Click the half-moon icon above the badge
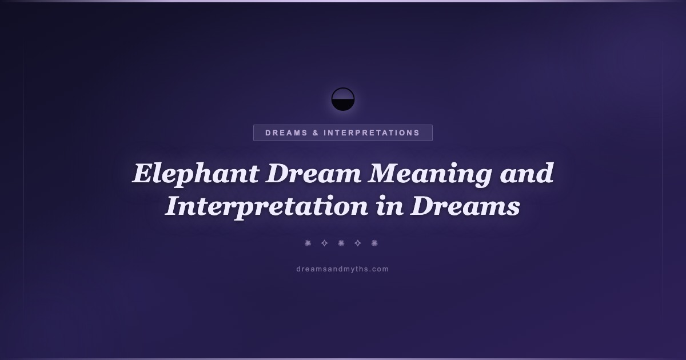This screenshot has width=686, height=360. tap(343, 99)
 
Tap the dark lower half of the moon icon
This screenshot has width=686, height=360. tap(343, 105)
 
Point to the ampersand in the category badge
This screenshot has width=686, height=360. tap(316, 133)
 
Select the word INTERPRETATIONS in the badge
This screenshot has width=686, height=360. tap(372, 133)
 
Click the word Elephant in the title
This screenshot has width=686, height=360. tap(196, 174)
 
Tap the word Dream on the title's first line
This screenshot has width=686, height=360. tap(314, 173)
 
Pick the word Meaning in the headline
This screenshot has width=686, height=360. tap(430, 174)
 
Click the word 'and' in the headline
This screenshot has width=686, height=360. tap(527, 173)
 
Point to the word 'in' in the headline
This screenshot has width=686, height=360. tap(389, 206)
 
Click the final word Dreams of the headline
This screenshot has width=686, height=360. tap(465, 206)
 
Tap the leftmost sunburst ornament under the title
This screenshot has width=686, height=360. tap(308, 243)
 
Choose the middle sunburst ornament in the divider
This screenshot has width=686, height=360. tap(341, 243)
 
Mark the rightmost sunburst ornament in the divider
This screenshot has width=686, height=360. tap(374, 243)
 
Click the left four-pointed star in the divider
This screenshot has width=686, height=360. tap(324, 243)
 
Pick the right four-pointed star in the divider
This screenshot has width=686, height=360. tap(358, 243)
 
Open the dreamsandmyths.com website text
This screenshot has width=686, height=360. tap(342, 269)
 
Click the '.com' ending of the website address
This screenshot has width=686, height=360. tap(378, 269)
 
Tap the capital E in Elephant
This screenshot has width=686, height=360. tap(143, 173)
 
